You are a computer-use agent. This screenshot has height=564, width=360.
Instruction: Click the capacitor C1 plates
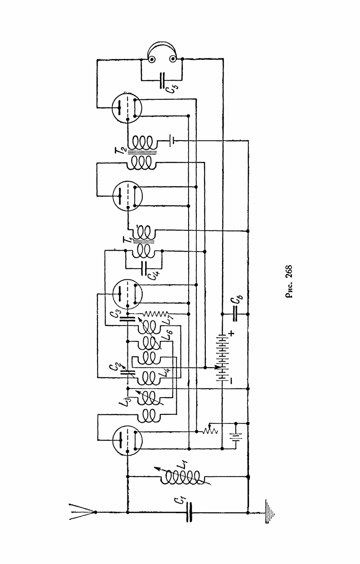[x=188, y=512]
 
